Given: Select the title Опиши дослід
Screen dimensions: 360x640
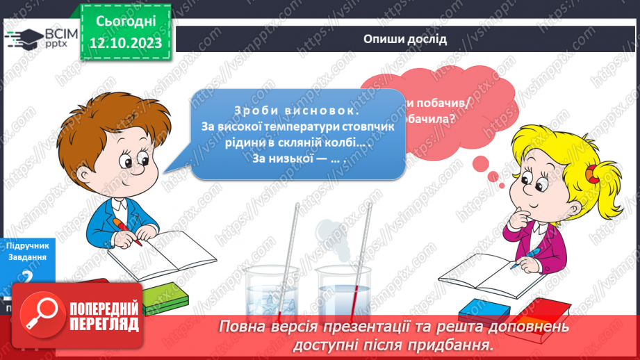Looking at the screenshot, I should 405,39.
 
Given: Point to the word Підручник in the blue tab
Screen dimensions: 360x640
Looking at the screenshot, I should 26,247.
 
